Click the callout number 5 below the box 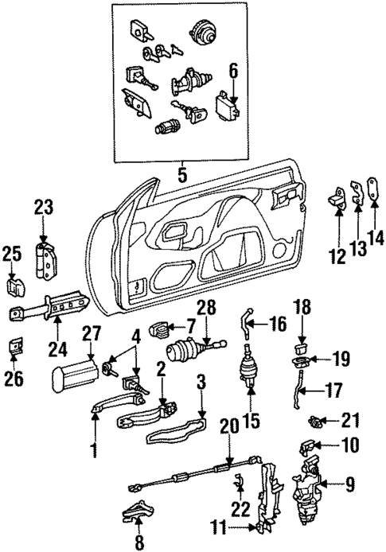click(x=183, y=171)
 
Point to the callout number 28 click(x=207, y=308)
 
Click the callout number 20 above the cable click(x=230, y=429)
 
